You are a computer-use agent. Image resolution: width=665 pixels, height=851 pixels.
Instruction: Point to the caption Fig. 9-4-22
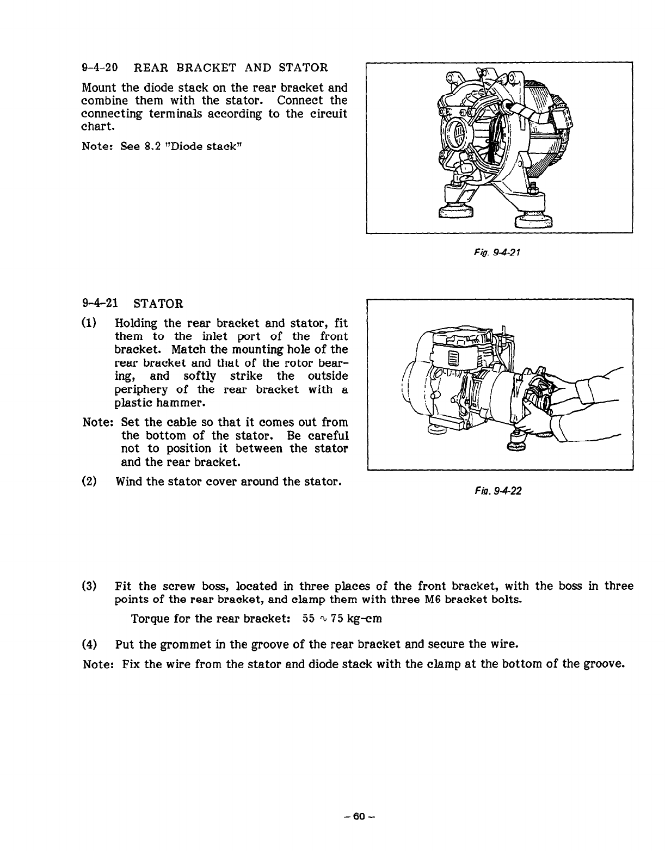[x=498, y=491]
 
